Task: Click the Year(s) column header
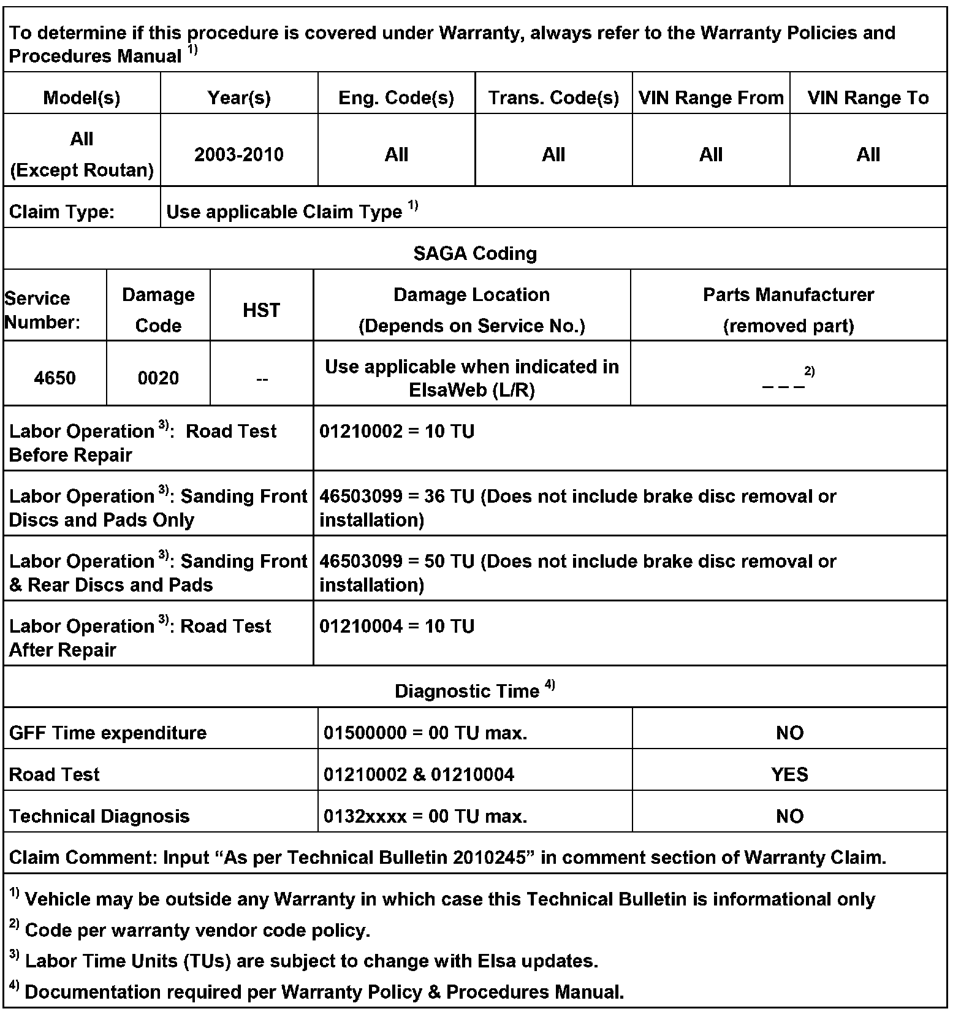coord(239,98)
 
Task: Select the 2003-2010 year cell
coord(239,154)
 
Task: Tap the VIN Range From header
coord(711,98)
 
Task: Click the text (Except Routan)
coord(82,170)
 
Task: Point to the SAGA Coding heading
coord(475,253)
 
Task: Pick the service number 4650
coord(55,378)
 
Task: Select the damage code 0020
coord(158,378)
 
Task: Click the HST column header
coord(261,310)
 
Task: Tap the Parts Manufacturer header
coord(788,295)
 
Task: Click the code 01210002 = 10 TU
coord(397,432)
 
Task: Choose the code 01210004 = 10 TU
coord(397,627)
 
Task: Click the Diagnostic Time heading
coord(467,692)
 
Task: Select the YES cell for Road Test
coord(789,775)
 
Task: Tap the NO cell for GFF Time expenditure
coord(789,733)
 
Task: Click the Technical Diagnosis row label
coord(99,817)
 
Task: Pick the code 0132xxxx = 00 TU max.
coord(425,817)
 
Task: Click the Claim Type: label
coord(61,212)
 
